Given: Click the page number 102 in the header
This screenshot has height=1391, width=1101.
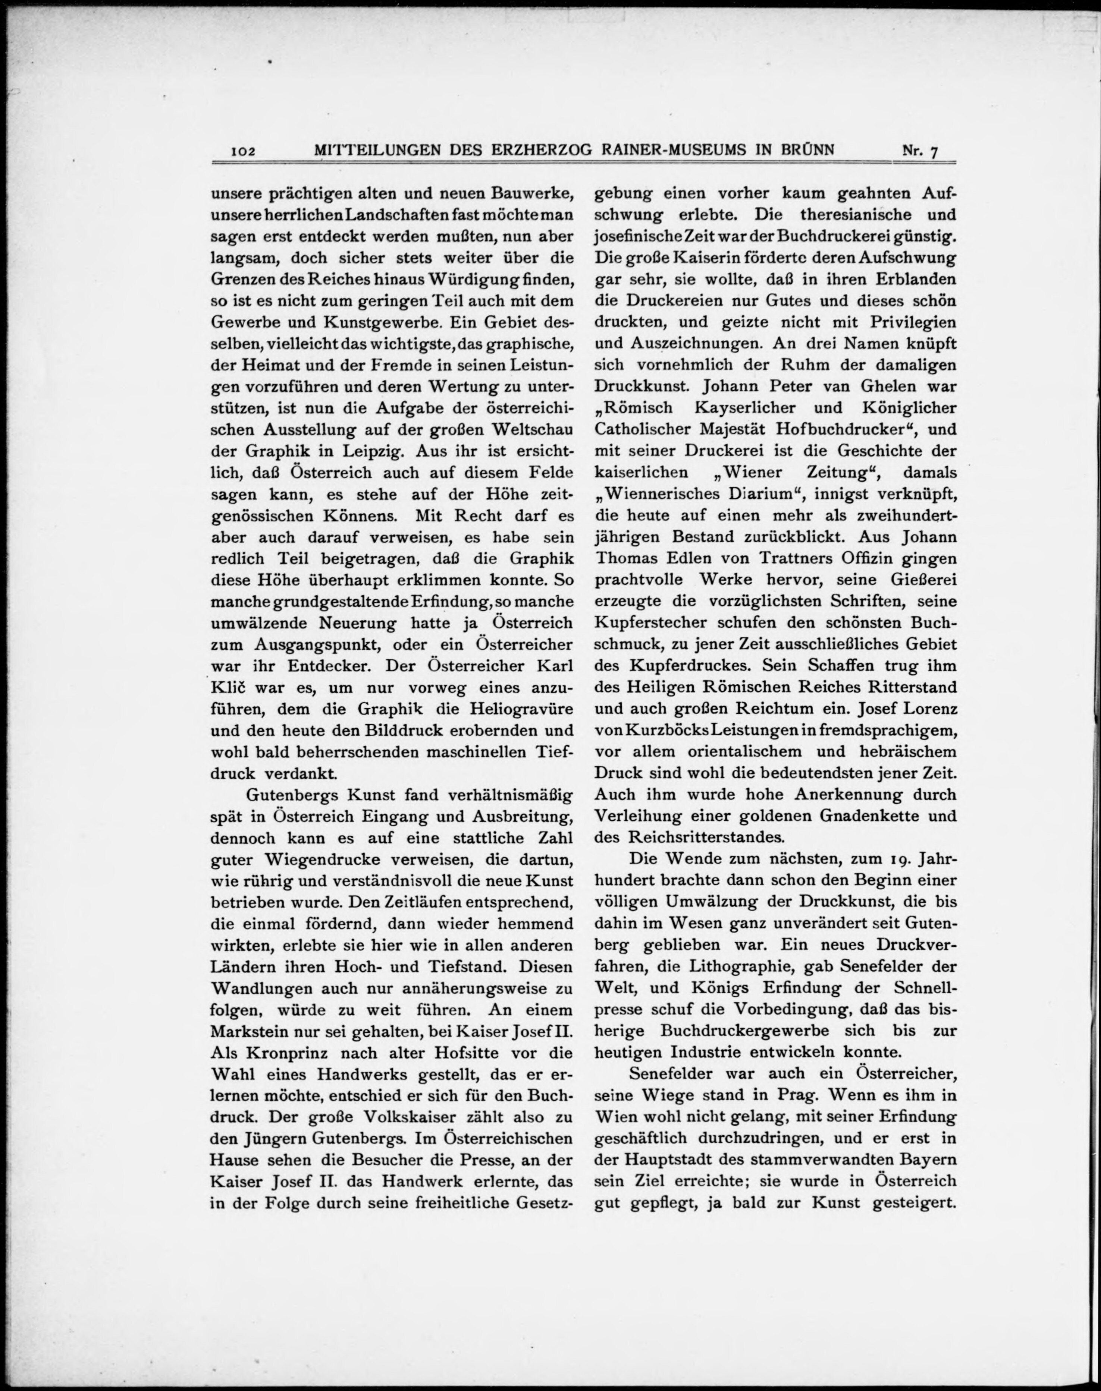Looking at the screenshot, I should [244, 151].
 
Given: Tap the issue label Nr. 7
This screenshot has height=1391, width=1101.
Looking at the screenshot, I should [920, 151].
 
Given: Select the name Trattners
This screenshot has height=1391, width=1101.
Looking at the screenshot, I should [784, 559].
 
